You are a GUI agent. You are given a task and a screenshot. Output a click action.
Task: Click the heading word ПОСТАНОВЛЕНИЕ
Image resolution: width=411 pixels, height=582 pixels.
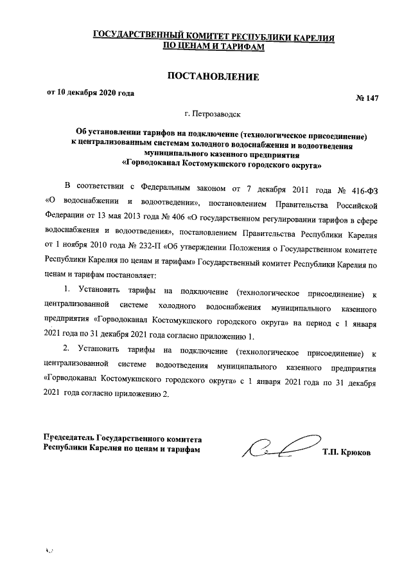[213, 77]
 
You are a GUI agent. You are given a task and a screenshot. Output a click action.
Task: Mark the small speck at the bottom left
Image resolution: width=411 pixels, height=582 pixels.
[48, 551]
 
